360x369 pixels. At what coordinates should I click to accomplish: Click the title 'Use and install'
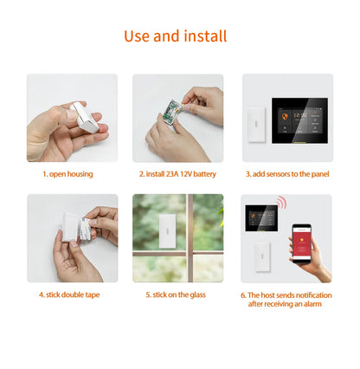[176, 36]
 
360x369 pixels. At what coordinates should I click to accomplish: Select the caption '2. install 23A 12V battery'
[177, 174]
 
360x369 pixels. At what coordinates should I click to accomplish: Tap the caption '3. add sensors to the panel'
[286, 174]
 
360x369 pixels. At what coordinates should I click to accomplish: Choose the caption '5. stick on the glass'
[177, 294]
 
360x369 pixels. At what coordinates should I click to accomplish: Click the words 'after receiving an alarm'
[286, 304]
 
